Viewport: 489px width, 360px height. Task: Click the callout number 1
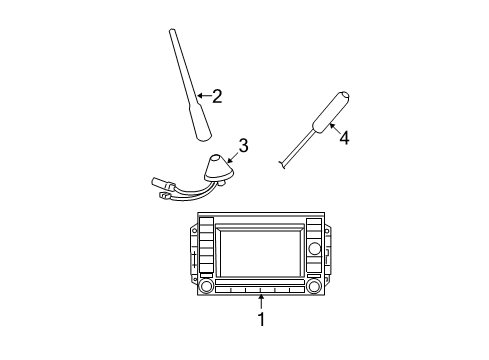[261, 319]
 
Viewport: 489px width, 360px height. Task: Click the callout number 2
[216, 97]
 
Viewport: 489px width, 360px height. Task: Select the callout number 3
[242, 146]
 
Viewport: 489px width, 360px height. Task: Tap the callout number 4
[343, 139]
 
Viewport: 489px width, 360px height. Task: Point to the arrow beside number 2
[203, 97]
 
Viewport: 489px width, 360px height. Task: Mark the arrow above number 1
[261, 299]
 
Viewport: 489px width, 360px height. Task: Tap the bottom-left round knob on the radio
[205, 287]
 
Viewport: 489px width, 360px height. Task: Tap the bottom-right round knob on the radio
[315, 287]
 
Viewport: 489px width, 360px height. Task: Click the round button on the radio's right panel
[314, 248]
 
